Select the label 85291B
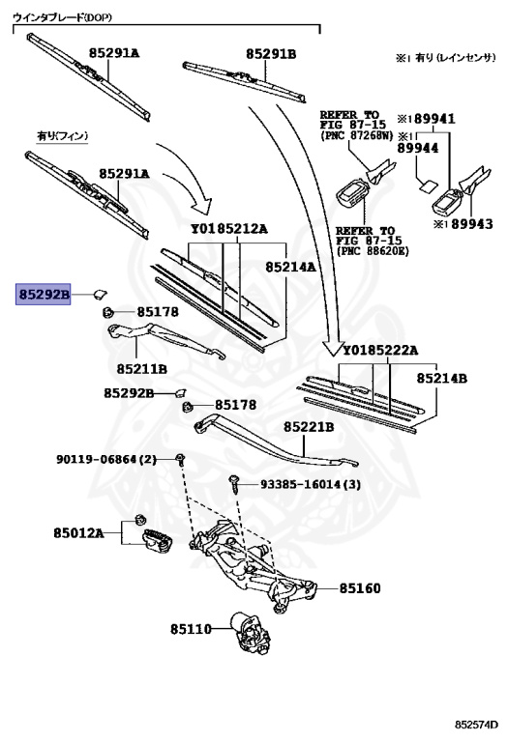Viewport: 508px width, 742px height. click(271, 54)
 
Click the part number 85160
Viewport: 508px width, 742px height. click(360, 588)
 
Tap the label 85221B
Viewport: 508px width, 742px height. click(309, 426)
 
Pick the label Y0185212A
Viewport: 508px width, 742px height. click(229, 229)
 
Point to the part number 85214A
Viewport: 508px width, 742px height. click(291, 264)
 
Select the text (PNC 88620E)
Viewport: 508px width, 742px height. click(371, 251)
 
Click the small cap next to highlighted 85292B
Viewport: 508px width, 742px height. click(101, 290)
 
